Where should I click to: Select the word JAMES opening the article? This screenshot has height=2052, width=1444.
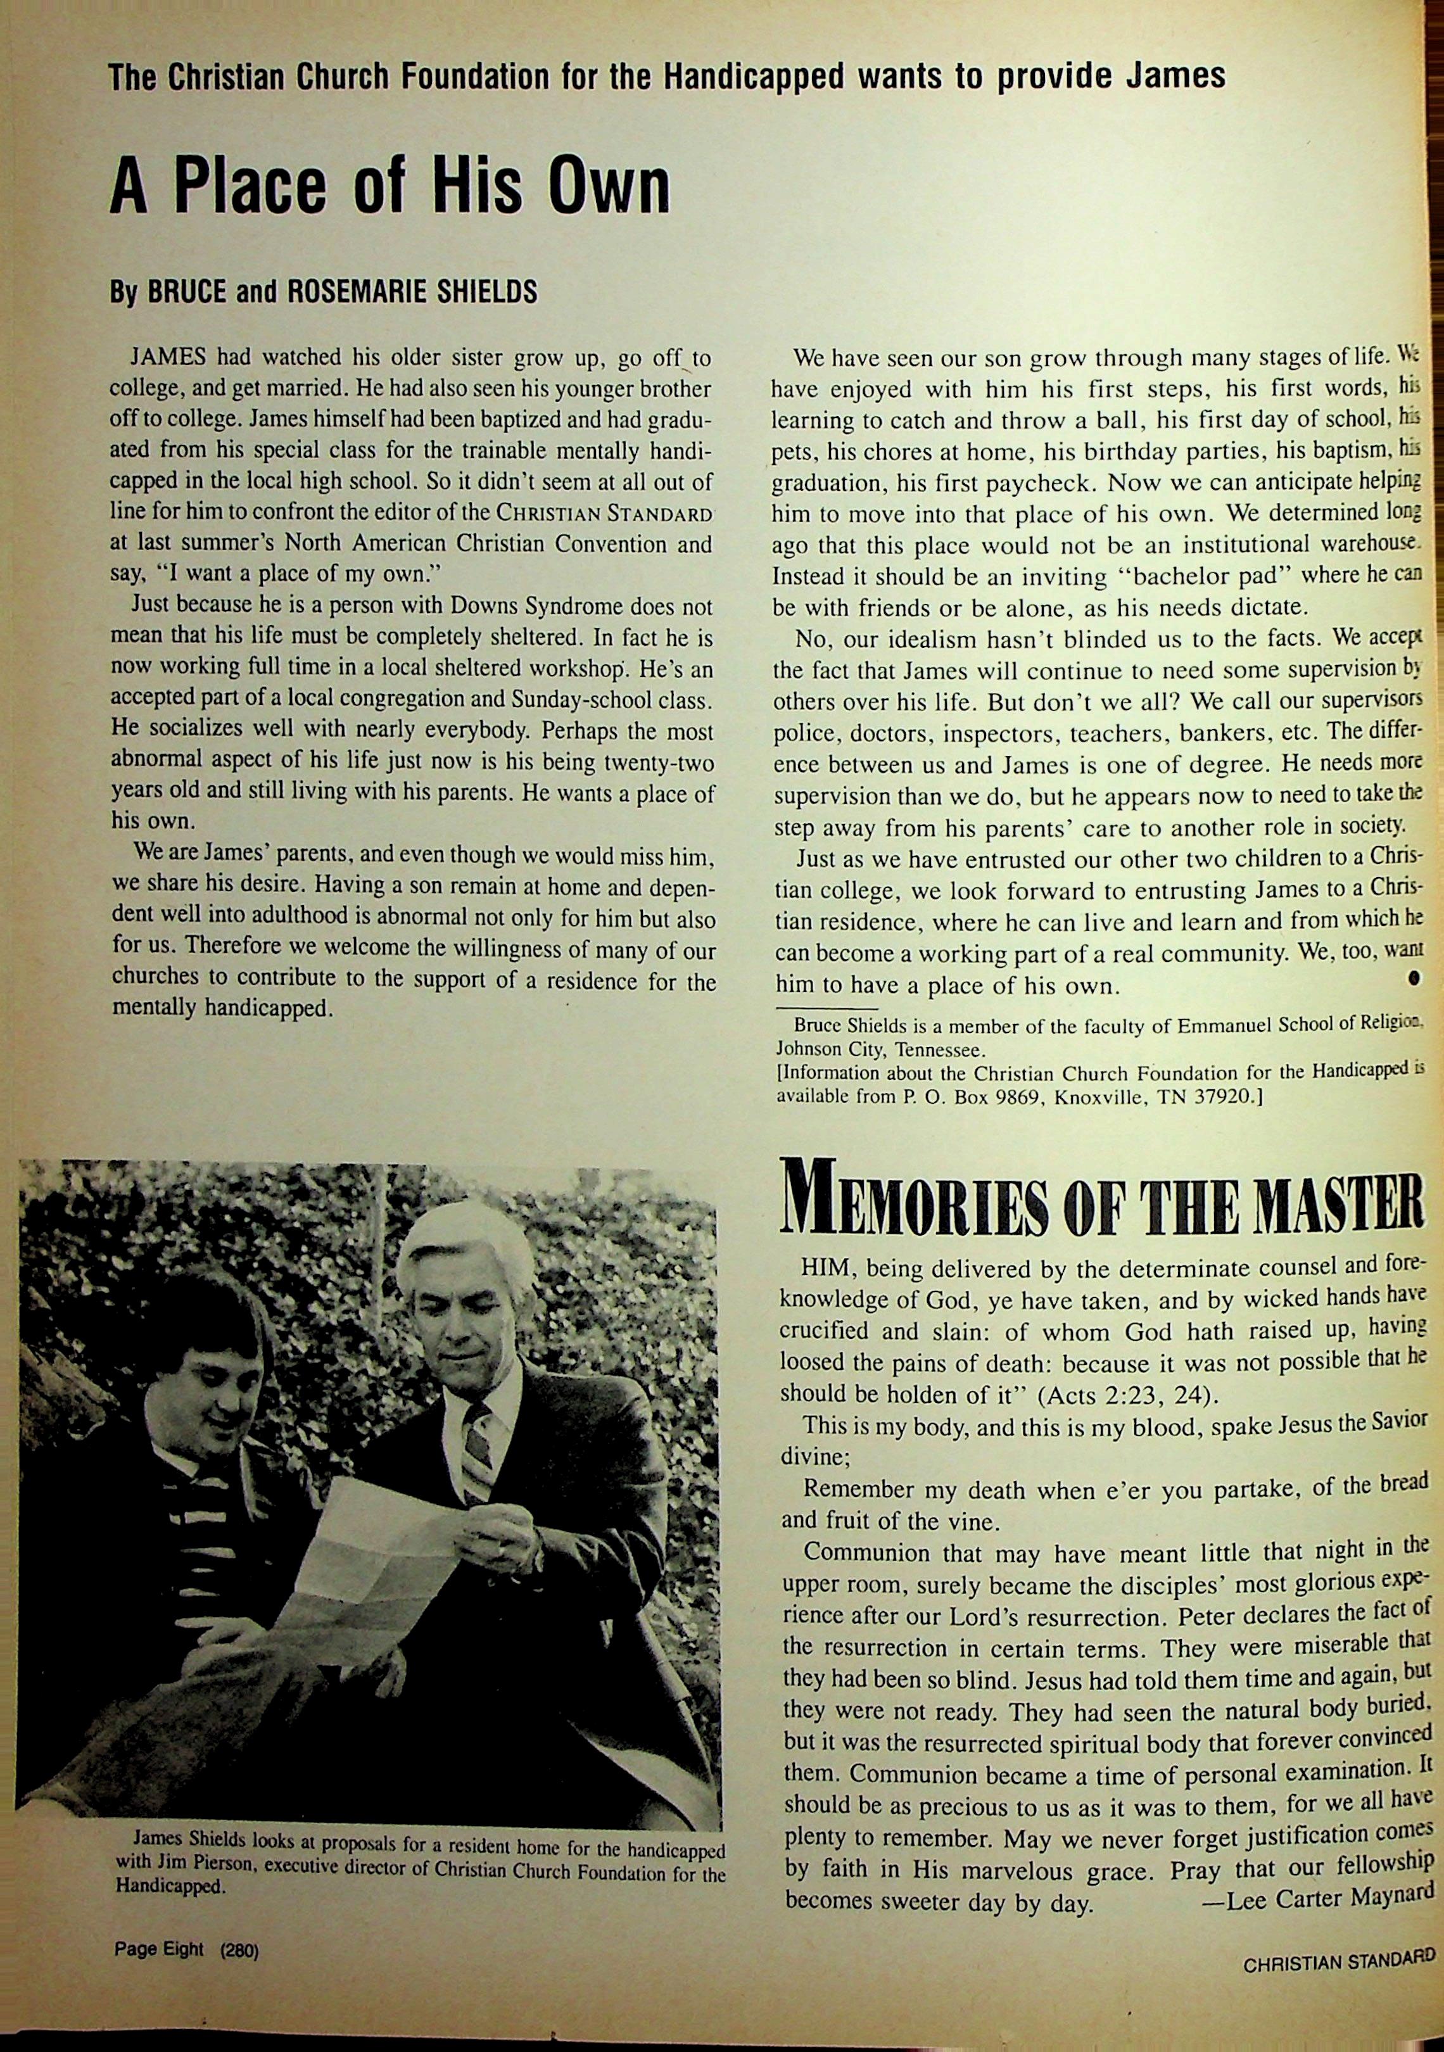[169, 358]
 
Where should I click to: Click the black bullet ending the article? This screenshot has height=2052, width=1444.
[1414, 978]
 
